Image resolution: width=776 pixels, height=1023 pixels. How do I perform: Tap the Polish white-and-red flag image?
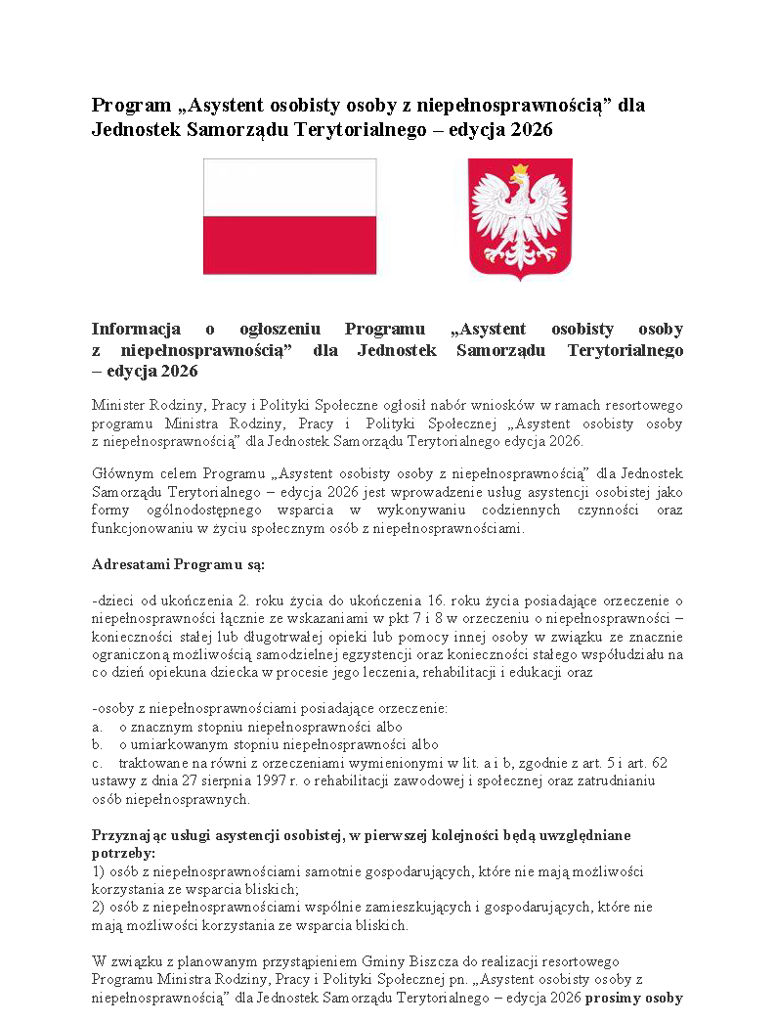(x=289, y=216)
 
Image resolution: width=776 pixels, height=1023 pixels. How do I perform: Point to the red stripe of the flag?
(x=289, y=245)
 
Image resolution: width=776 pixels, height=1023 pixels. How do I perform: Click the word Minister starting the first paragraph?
(x=117, y=405)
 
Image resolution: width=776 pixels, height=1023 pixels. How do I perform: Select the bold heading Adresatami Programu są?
(x=178, y=565)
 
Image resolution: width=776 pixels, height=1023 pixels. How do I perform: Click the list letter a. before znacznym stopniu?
(x=97, y=728)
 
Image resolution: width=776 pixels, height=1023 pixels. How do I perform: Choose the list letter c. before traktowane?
(x=97, y=763)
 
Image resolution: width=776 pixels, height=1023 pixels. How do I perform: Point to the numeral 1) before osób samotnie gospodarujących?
(x=99, y=870)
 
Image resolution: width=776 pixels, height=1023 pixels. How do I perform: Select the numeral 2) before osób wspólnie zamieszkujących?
(x=99, y=908)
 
